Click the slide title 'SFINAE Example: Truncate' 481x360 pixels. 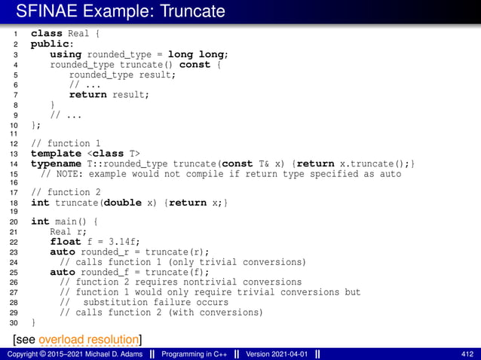(x=121, y=11)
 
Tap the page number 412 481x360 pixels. (x=467, y=354)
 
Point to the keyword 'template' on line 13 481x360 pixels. (x=55, y=154)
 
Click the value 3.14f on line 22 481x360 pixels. (x=120, y=242)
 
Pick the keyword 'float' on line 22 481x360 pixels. (x=65, y=242)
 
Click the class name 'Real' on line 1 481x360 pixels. (x=79, y=34)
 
